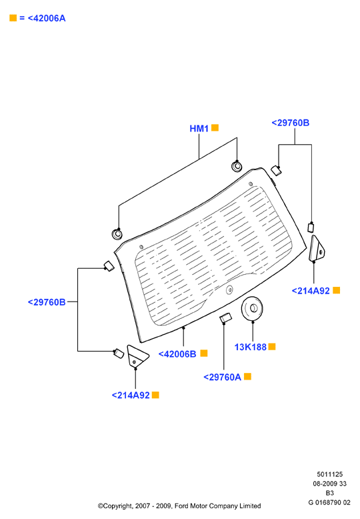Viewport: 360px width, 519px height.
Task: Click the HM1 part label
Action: pyautogui.click(x=199, y=129)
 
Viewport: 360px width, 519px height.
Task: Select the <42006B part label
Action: pyautogui.click(x=177, y=354)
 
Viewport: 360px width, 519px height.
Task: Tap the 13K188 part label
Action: pyautogui.click(x=251, y=347)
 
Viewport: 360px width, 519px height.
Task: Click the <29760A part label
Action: pyautogui.click(x=223, y=378)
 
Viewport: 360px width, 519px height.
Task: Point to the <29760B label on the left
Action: pyautogui.click(x=47, y=302)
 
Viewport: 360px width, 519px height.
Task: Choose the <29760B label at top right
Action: pyautogui.click(x=291, y=123)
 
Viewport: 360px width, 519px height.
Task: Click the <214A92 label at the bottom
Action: pyautogui.click(x=131, y=395)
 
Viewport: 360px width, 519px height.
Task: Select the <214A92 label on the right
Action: pyautogui.click(x=311, y=291)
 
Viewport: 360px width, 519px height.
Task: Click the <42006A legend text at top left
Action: pyautogui.click(x=47, y=18)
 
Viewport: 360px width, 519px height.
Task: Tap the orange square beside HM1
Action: pyautogui.click(x=215, y=128)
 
